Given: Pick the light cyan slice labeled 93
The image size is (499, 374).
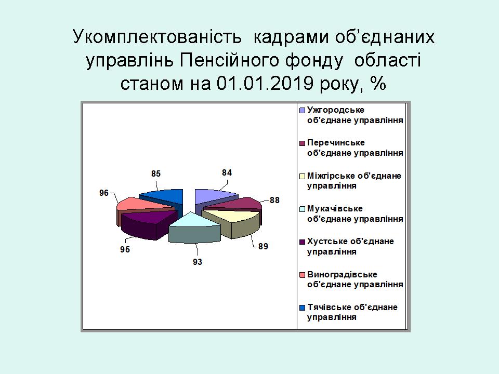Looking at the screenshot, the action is pyautogui.click(x=194, y=228).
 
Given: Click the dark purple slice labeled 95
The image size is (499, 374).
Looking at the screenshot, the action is pyautogui.click(x=147, y=223).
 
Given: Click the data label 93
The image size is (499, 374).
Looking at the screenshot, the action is pyautogui.click(x=198, y=262).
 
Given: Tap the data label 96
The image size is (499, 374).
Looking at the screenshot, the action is pyautogui.click(x=104, y=193).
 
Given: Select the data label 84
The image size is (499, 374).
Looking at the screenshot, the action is pyautogui.click(x=227, y=172).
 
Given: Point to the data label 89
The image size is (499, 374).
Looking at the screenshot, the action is pyautogui.click(x=263, y=246).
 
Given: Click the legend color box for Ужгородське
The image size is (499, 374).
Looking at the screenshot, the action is pyautogui.click(x=303, y=110).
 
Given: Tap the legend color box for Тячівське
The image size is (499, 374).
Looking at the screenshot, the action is pyautogui.click(x=303, y=308).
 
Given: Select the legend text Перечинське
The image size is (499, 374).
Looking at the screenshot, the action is pyautogui.click(x=336, y=143).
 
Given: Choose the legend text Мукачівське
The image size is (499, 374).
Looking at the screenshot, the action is pyautogui.click(x=335, y=209).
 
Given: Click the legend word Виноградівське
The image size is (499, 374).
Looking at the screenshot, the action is pyautogui.click(x=342, y=274).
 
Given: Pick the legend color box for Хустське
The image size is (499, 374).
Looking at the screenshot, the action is pyautogui.click(x=303, y=242).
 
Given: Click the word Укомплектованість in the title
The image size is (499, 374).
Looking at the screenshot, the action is pyautogui.click(x=157, y=37).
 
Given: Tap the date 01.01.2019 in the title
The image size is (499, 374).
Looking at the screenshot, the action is pyautogui.click(x=265, y=83).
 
